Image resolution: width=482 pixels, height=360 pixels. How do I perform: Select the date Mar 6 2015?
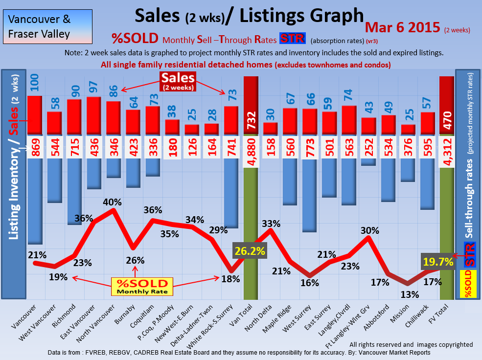(403, 27)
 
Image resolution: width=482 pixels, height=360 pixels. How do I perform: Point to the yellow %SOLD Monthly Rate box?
(141, 286)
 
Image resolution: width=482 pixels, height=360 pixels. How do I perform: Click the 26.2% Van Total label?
(250, 251)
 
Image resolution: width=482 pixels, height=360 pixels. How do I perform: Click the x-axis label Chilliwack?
(419, 318)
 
